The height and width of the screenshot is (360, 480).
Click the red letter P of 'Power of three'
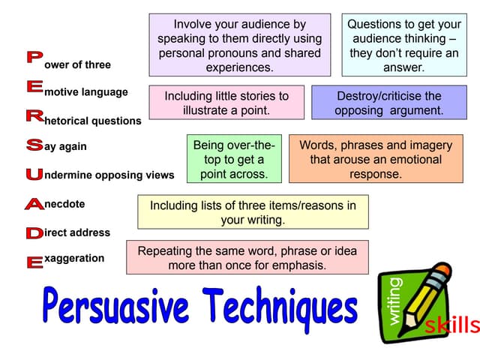pyautogui.click(x=33, y=57)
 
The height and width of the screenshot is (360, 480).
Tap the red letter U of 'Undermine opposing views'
pyautogui.click(x=34, y=174)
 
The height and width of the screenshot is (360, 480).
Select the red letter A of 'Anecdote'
pyautogui.click(x=34, y=203)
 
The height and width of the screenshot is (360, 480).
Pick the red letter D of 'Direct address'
pyautogui.click(x=34, y=232)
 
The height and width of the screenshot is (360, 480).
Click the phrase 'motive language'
pyautogui.click(x=86, y=92)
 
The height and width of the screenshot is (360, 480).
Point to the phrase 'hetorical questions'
pyautogui.click(x=93, y=121)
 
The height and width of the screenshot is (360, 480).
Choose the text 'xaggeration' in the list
pyautogui.click(x=74, y=258)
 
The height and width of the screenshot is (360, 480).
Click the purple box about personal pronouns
pyautogui.click(x=239, y=45)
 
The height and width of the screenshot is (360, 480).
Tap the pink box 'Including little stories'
pyautogui.click(x=226, y=103)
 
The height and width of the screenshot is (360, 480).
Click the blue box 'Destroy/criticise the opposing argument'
pyautogui.click(x=388, y=103)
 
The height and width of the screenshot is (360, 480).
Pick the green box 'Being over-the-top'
pyautogui.click(x=233, y=159)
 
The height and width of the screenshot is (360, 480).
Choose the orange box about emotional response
pyautogui.click(x=375, y=159)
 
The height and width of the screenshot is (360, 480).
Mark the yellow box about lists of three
pyautogui.click(x=253, y=212)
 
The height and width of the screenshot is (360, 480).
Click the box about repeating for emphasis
pyautogui.click(x=247, y=257)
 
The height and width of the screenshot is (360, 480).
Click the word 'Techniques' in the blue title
pyautogui.click(x=281, y=307)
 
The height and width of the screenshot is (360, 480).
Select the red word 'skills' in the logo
pyautogui.click(x=451, y=325)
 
